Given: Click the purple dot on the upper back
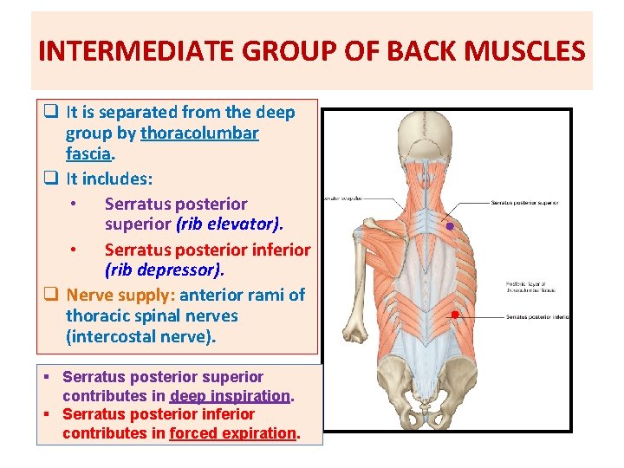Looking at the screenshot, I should click(451, 226).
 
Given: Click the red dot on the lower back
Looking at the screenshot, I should click(454, 314).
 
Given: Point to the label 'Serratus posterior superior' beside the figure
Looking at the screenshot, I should click(524, 203).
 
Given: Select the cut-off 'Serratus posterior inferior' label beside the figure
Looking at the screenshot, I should click(537, 317).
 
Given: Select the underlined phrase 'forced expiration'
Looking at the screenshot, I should click(233, 432).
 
